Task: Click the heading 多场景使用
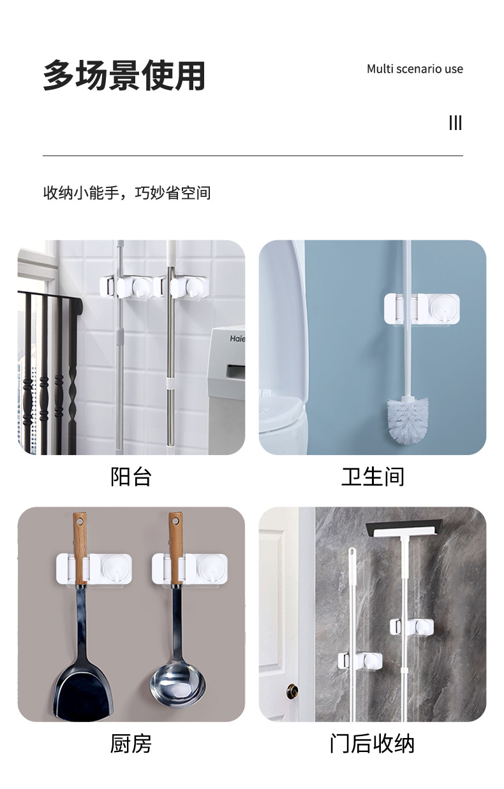(124, 75)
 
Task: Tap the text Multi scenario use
(415, 69)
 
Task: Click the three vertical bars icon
(456, 123)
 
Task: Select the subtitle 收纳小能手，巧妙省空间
(127, 192)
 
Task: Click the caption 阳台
(131, 477)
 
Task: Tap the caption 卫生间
(373, 477)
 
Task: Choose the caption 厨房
(131, 744)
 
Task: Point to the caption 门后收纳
(373, 744)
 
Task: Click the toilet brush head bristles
(408, 420)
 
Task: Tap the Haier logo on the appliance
(237, 338)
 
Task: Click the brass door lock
(292, 691)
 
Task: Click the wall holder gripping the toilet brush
(422, 309)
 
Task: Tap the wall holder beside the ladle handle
(189, 568)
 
